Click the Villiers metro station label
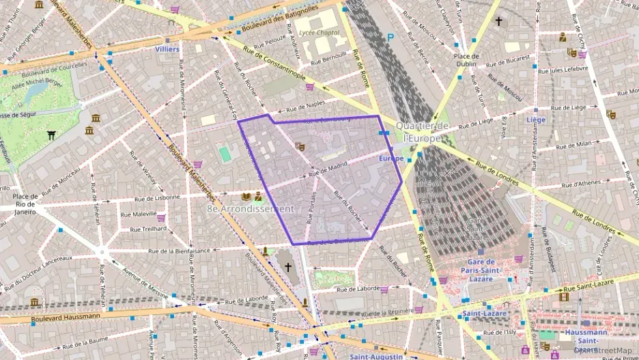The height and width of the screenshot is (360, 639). tap(167, 49)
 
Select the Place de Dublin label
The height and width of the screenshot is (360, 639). tap(466, 60)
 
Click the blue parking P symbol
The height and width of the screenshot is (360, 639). tap(390, 38)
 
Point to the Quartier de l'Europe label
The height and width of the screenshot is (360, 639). tap(422, 131)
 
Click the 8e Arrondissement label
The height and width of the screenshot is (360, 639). tap(250, 208)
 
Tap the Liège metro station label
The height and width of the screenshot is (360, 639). tap(536, 120)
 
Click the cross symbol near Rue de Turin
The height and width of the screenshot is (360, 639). tap(498, 22)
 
